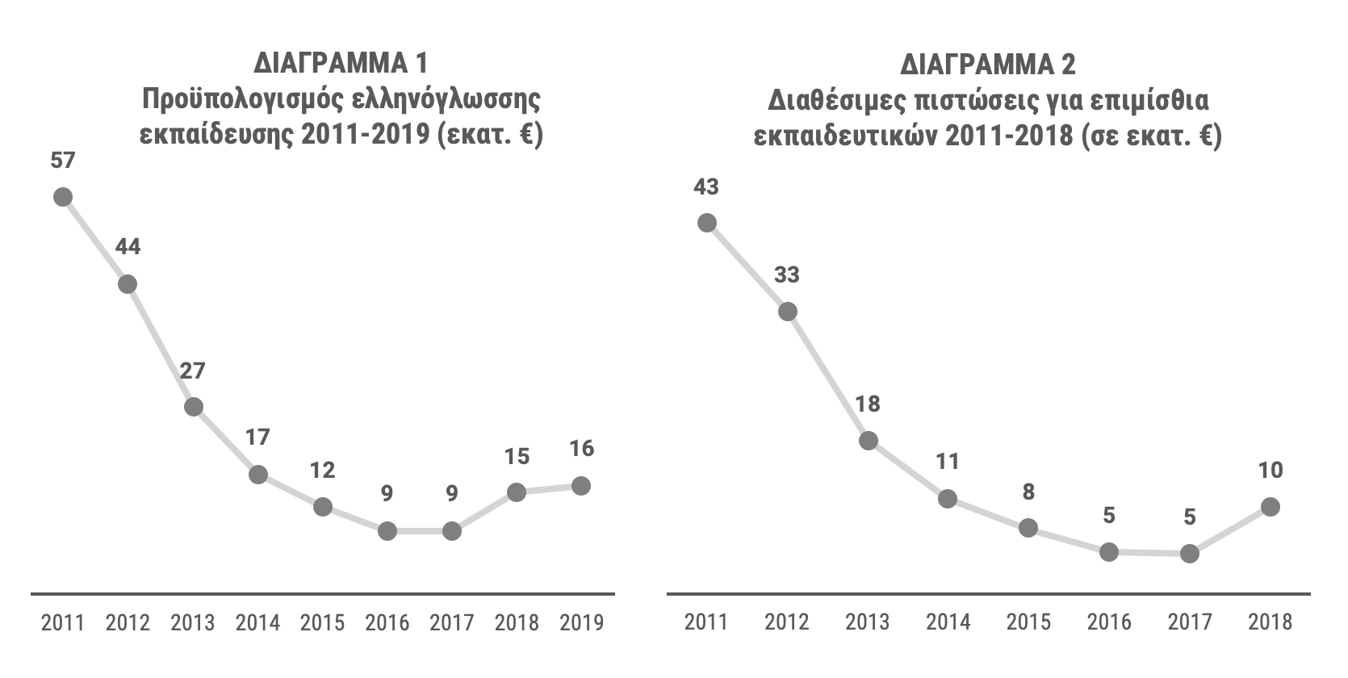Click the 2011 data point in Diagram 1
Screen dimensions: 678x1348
tap(63, 197)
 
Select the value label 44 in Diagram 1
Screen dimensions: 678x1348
tap(128, 247)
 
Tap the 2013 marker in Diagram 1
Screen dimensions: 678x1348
tap(193, 407)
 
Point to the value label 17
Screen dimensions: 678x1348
tap(257, 437)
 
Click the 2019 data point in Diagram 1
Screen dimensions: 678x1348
tap(580, 486)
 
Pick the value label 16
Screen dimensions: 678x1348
tap(581, 449)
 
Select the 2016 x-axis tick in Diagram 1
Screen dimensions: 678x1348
tap(387, 623)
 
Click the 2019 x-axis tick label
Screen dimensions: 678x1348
tap(581, 623)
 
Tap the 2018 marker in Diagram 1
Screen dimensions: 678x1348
tap(516, 492)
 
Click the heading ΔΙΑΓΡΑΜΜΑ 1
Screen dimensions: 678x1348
tap(340, 63)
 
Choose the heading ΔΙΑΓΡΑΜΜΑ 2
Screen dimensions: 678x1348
tap(988, 63)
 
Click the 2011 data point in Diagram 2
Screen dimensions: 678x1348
tap(707, 223)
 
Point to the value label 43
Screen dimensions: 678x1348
tap(706, 187)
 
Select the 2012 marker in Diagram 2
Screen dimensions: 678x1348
tap(787, 312)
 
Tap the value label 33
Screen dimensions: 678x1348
tap(787, 275)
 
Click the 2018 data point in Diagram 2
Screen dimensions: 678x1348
tap(1271, 507)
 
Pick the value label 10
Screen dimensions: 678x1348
tap(1271, 470)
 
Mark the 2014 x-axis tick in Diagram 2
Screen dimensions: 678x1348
tap(948, 622)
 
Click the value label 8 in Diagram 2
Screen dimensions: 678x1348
tap(1028, 492)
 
